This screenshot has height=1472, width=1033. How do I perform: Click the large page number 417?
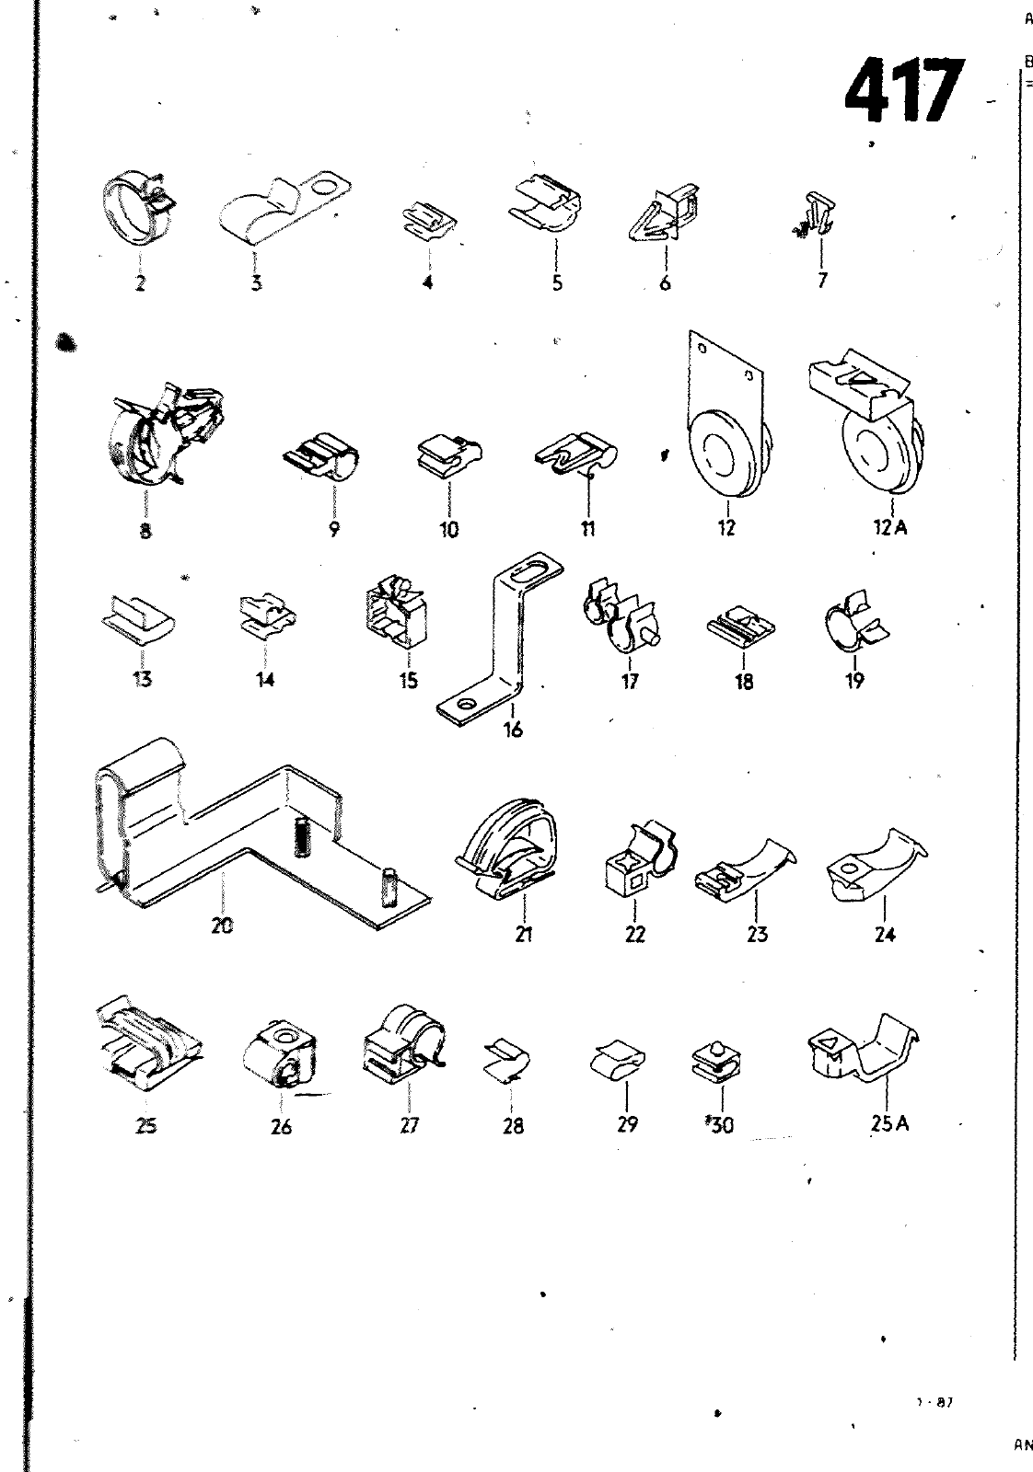click(903, 91)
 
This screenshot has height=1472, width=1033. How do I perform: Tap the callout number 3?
click(256, 283)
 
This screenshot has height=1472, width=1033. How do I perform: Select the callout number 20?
click(222, 926)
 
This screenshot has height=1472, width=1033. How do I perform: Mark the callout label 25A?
click(888, 1123)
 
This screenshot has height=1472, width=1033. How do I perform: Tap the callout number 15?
click(408, 681)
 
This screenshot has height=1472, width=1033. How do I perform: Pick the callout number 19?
click(854, 681)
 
